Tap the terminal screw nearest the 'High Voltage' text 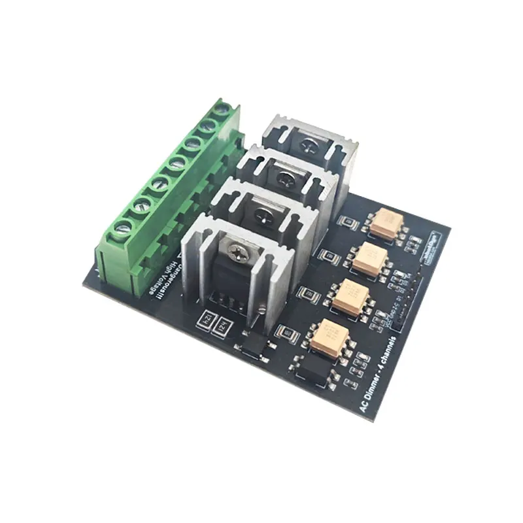(x=122, y=229)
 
